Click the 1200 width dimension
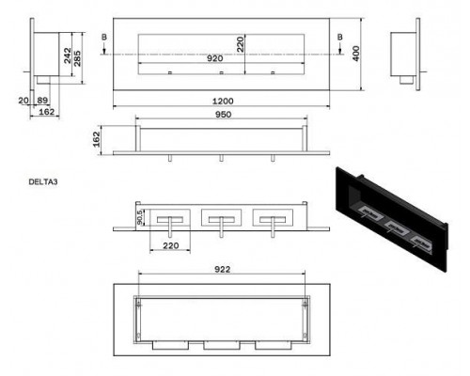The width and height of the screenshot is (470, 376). pos(223,102)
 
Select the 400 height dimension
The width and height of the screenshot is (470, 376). pos(356,54)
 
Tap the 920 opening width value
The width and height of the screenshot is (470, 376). pos(215,58)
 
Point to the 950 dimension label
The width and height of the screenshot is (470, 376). pos(223,115)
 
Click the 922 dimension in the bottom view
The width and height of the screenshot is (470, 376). pos(222,270)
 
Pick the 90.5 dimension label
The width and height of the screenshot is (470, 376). pos(140,217)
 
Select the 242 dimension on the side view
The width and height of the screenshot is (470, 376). pos(68,55)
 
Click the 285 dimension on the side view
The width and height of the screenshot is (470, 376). pos(77,58)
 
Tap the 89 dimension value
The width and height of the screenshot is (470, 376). pos(42,101)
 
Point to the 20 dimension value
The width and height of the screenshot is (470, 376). pos(23,101)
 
